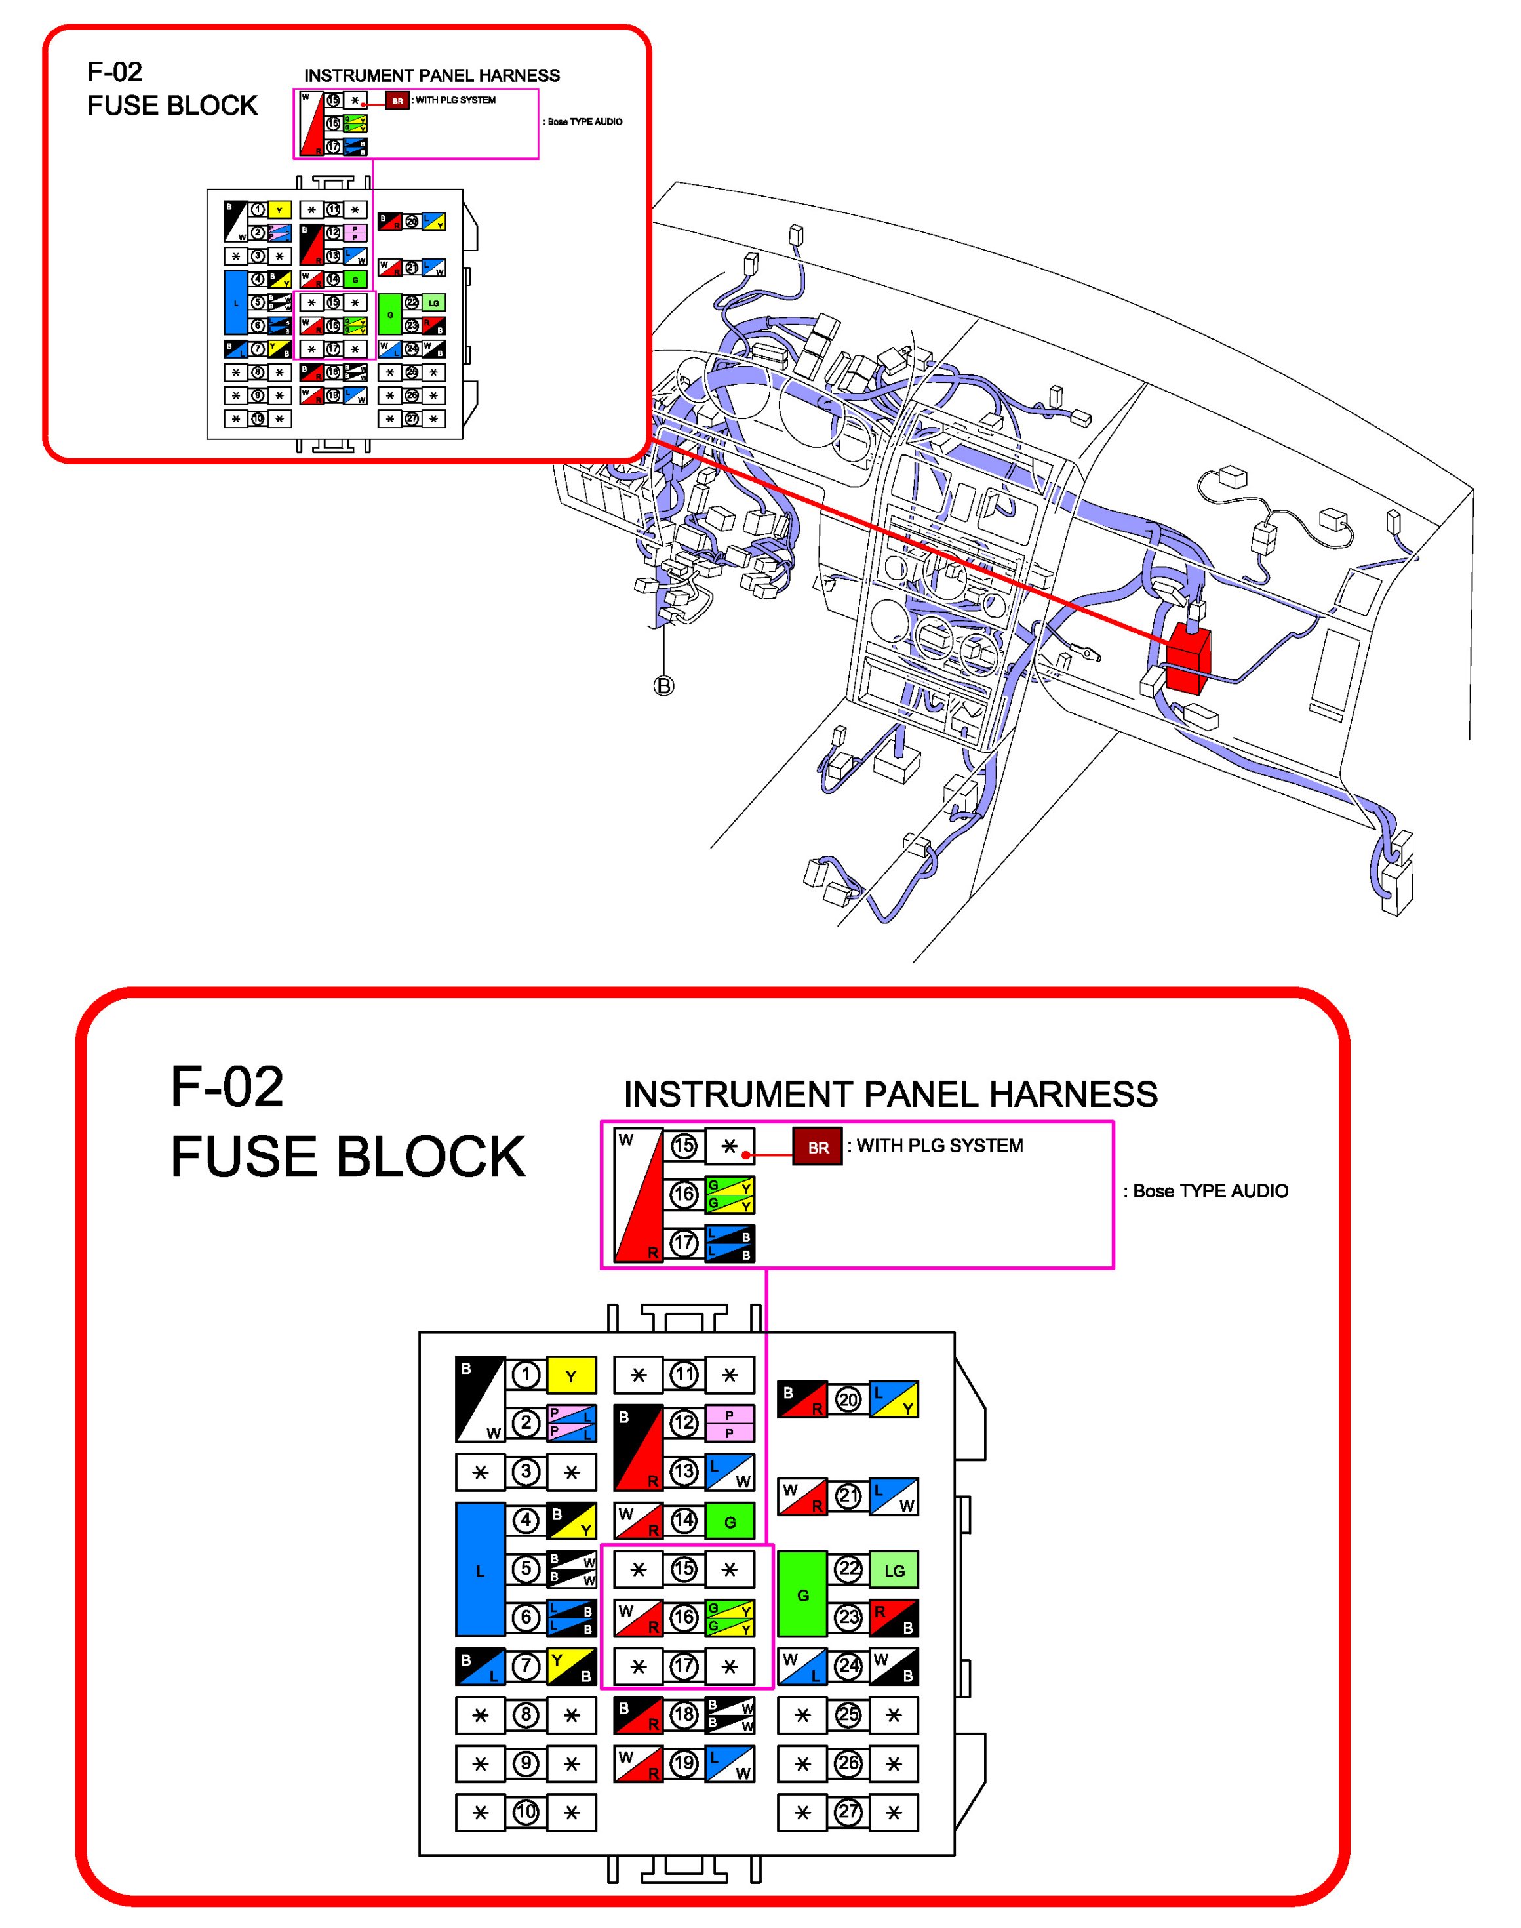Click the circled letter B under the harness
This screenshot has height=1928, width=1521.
pyautogui.click(x=663, y=686)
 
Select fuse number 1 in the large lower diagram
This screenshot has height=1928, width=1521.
pyautogui.click(x=526, y=1375)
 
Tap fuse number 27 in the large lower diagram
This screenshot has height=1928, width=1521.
pyautogui.click(x=848, y=1811)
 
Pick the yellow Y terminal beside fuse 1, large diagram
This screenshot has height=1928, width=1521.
pyautogui.click(x=571, y=1376)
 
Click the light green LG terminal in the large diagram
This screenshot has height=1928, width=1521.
pyautogui.click(x=894, y=1570)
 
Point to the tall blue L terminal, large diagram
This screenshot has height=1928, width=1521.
pyautogui.click(x=480, y=1570)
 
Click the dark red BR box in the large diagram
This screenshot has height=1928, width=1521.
pyautogui.click(x=818, y=1148)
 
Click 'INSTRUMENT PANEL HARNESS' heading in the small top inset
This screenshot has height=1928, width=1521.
pyautogui.click(x=432, y=75)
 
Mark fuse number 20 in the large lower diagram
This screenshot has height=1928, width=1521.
pyautogui.click(x=848, y=1399)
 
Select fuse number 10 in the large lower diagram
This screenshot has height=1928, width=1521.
pyautogui.click(x=526, y=1811)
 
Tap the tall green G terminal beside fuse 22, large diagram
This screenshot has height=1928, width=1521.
pyautogui.click(x=802, y=1594)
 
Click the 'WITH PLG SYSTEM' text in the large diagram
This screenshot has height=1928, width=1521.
pyautogui.click(x=939, y=1146)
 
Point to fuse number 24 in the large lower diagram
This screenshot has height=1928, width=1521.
pyautogui.click(x=848, y=1666)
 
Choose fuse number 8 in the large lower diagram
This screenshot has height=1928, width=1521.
pyautogui.click(x=526, y=1714)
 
